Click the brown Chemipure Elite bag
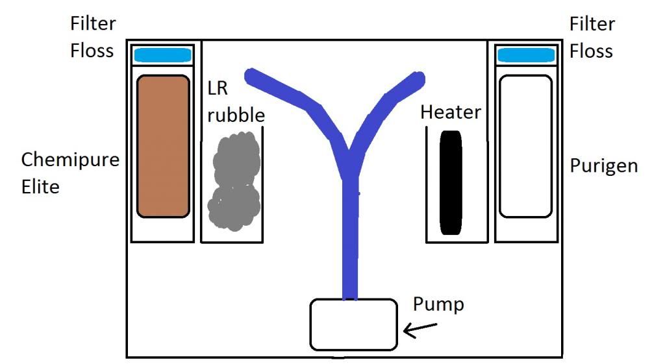pyautogui.click(x=163, y=146)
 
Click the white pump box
pyautogui.click(x=353, y=324)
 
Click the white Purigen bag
pyautogui.click(x=525, y=146)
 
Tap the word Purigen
pyautogui.click(x=604, y=165)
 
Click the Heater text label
pyautogui.click(x=451, y=112)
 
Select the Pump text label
pyautogui.click(x=439, y=304)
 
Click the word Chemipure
pyautogui.click(x=70, y=160)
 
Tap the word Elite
pyautogui.click(x=40, y=188)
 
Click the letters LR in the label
pyautogui.click(x=218, y=88)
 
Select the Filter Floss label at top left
pyautogui.click(x=93, y=37)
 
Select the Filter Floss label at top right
pyautogui.click(x=592, y=37)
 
